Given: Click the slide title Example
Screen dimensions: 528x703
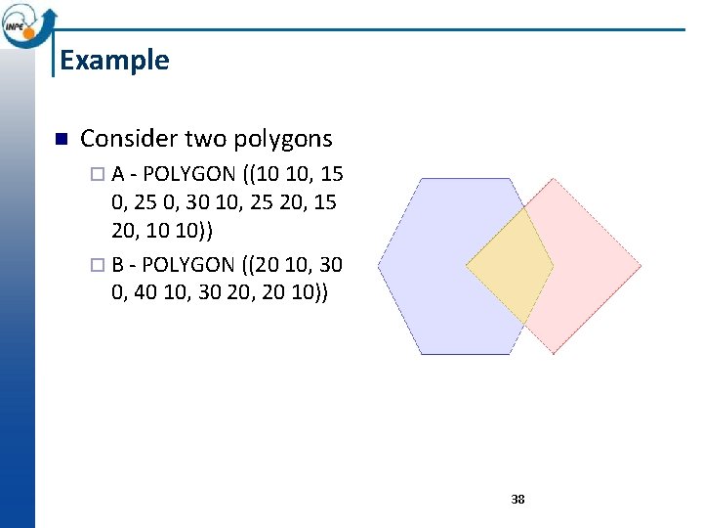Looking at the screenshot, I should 114,61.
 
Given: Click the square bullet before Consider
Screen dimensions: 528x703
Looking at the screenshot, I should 59,140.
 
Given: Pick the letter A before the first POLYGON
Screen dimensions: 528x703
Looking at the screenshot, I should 117,174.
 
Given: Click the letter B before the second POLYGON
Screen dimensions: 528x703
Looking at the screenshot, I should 117,264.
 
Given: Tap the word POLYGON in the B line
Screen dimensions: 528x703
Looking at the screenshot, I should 187,264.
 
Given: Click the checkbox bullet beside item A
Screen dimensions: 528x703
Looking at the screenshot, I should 95,175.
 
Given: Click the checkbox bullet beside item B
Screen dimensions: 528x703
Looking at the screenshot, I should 95,265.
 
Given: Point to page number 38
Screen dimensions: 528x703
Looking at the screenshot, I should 517,499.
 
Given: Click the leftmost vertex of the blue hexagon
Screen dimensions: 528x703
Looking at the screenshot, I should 378,266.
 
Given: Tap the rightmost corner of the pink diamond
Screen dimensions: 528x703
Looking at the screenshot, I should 641,265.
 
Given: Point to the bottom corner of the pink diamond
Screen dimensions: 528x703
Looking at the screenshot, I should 554,353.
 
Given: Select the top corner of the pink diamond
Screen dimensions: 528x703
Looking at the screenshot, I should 554,178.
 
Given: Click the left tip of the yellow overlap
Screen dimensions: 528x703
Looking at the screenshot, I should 466,265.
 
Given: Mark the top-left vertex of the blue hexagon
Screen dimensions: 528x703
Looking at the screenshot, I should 421,178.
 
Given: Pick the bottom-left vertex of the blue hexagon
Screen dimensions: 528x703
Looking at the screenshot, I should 421,353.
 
